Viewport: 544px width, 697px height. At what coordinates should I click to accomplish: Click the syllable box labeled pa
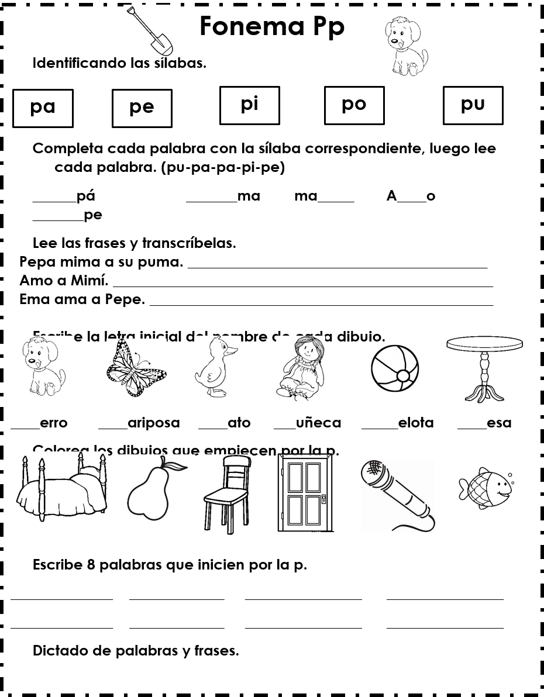click(43, 108)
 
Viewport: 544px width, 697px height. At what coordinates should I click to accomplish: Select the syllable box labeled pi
click(250, 105)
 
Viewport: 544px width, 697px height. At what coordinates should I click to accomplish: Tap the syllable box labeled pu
click(473, 105)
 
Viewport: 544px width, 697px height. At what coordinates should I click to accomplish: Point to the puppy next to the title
click(405, 46)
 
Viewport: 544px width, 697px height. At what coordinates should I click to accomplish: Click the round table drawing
click(484, 368)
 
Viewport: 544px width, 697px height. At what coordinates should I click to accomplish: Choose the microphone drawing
click(398, 495)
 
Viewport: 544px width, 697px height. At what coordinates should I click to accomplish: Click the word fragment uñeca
click(318, 423)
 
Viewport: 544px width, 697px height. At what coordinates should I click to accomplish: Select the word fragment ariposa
click(153, 423)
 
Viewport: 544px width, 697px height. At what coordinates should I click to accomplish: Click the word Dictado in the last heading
click(60, 651)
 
